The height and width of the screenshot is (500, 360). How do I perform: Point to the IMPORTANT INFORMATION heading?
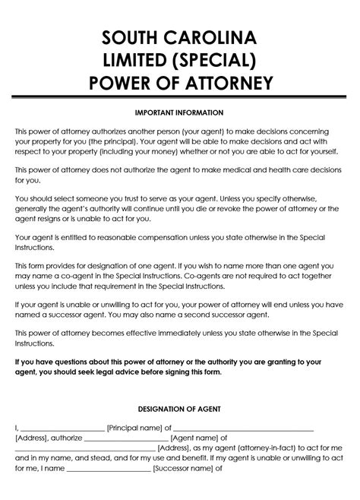[x=179, y=112]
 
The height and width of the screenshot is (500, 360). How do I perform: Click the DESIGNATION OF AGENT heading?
[x=179, y=409]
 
